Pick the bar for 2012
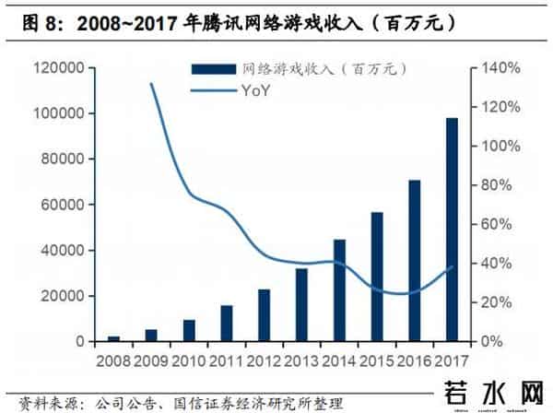pyautogui.click(x=265, y=315)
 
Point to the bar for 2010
pyautogui.click(x=189, y=331)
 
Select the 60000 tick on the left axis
pyautogui.click(x=64, y=205)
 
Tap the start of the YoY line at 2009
pyautogui.click(x=151, y=84)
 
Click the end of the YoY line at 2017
pyautogui.click(x=453, y=267)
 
